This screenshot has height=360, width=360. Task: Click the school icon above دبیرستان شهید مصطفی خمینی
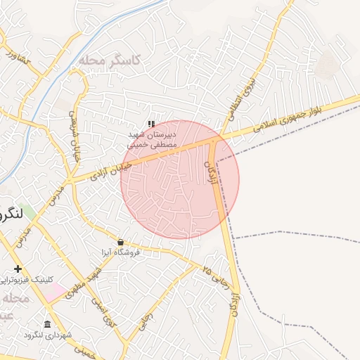click(151, 124)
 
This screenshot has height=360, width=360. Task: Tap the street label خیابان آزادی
click(112, 170)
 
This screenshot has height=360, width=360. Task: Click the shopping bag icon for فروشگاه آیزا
click(120, 242)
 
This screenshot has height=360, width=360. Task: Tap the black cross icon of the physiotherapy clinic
click(18, 269)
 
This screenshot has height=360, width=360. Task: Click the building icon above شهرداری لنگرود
click(47, 324)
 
